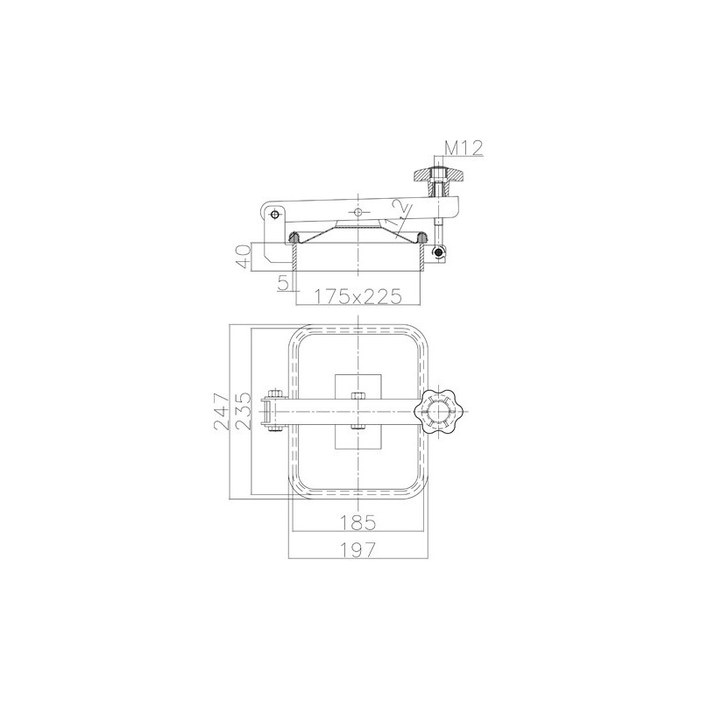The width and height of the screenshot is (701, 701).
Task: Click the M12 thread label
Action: pos(464,148)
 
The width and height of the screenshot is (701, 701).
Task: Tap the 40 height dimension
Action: pos(244,256)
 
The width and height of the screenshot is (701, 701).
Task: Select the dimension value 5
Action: pos(282,283)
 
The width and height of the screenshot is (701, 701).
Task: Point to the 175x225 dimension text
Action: pos(358,296)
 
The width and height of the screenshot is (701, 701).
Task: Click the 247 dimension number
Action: pos(222,411)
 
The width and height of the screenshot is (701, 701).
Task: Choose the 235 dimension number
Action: pos(244,411)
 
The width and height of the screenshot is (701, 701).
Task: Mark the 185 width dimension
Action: pos(358,522)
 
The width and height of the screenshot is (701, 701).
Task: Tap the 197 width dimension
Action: pos(358,549)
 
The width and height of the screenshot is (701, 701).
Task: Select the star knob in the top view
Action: pos(437,411)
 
